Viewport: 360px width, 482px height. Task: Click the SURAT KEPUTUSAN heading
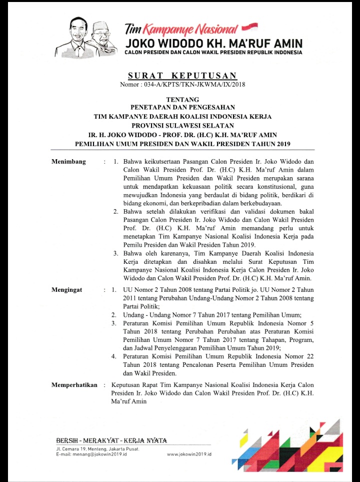pos(182,76)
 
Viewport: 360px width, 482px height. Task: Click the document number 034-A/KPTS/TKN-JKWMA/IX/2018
pos(182,85)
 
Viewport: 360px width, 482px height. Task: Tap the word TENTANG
pos(182,100)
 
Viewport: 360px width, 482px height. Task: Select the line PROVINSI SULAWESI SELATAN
pos(182,125)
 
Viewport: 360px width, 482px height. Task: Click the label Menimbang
pos(69,162)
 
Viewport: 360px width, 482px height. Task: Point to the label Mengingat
pos(67,290)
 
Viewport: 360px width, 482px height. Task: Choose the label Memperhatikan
pos(74,384)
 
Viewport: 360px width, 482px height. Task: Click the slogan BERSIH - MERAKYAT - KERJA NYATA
pos(111,440)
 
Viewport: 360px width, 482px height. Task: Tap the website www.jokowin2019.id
pos(189,453)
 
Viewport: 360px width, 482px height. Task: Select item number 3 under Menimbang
pos(116,254)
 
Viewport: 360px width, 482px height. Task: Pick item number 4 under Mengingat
pos(114,356)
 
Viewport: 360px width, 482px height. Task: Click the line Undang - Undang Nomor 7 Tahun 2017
pos(212,315)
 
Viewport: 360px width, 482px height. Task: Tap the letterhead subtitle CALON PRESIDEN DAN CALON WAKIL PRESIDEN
pos(213,52)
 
